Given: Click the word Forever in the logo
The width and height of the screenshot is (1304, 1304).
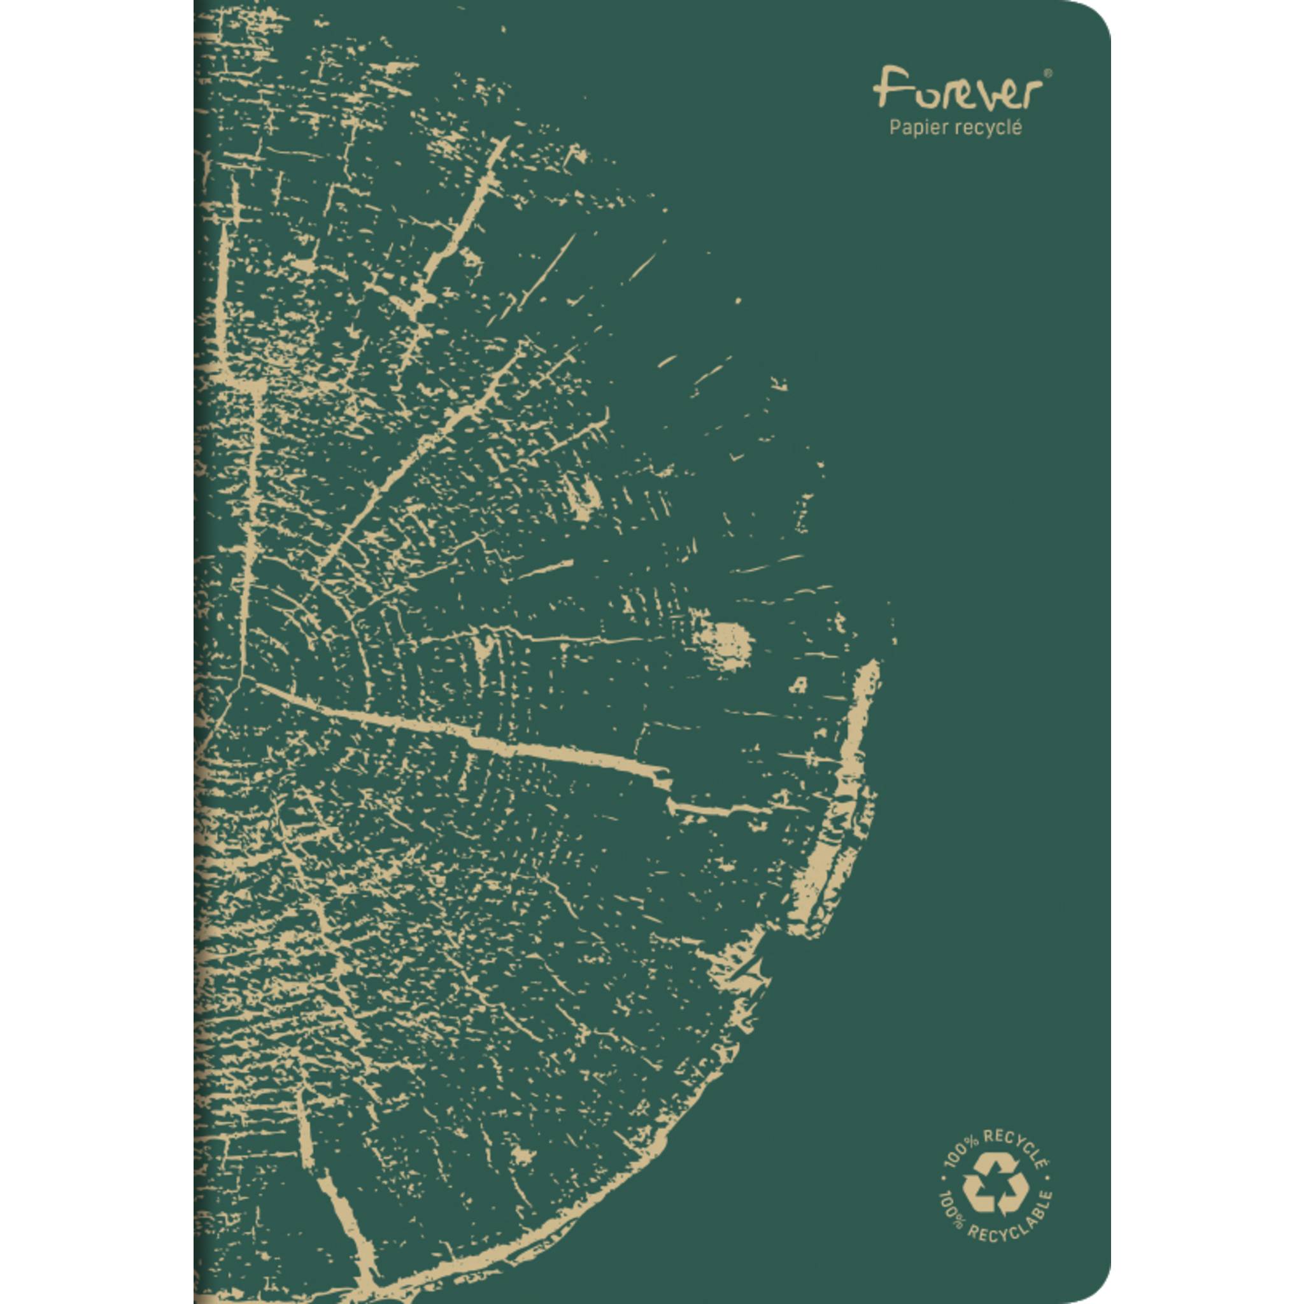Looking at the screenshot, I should [953, 90].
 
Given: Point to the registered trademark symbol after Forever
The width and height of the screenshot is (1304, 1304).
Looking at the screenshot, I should [1047, 71].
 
